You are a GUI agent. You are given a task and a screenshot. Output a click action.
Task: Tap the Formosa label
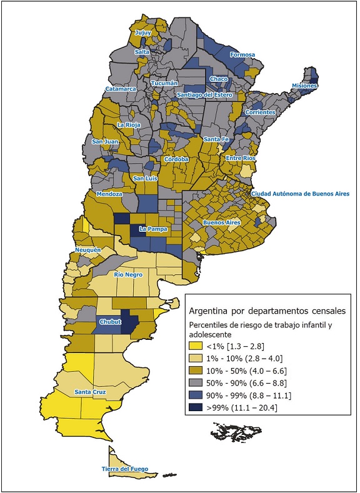coord(242,55)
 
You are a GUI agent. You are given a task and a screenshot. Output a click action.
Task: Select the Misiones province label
coord(304,86)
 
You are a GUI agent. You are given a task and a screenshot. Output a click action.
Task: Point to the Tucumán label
coord(164,83)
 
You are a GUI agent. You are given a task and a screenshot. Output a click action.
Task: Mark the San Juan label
coord(105,142)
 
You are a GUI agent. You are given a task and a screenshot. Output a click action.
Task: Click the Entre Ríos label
coord(241,159)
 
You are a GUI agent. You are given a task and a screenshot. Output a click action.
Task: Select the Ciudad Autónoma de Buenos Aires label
coord(300,194)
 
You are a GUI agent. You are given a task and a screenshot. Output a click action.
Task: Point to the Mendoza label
coord(109,194)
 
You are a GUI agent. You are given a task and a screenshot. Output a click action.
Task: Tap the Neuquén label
coord(87,250)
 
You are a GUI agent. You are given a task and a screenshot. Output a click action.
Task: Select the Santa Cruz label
coord(90,392)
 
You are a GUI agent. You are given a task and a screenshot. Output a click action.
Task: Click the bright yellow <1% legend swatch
coord(199,347)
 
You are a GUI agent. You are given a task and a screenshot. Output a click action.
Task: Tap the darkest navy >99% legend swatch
coord(199,408)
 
